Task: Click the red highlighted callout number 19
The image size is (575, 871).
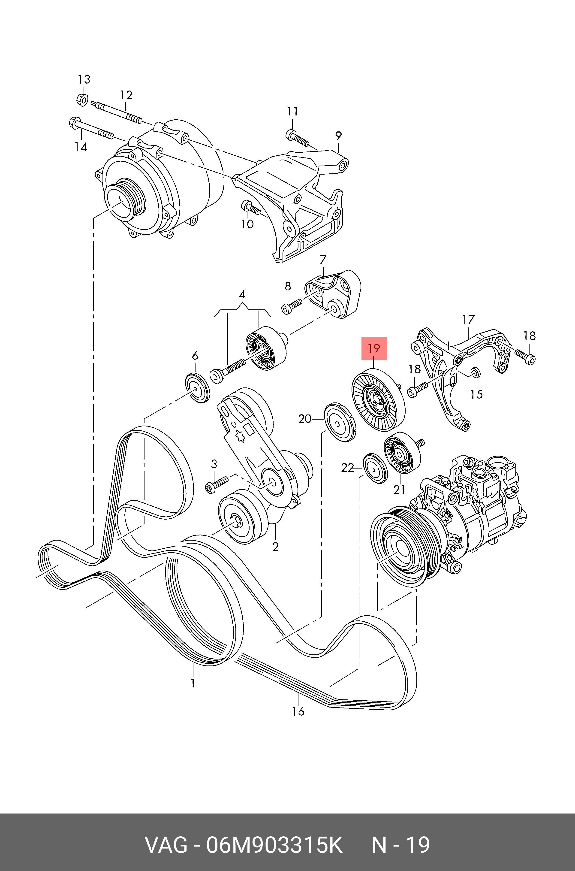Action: [x=374, y=348]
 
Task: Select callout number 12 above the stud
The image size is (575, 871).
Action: [x=126, y=95]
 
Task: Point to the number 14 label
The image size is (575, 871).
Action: [x=81, y=147]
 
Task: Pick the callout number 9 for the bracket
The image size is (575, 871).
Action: [x=338, y=136]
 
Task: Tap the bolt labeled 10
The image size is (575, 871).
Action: [x=250, y=209]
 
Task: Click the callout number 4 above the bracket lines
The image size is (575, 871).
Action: [x=242, y=294]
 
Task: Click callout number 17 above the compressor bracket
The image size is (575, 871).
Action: [x=468, y=320]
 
